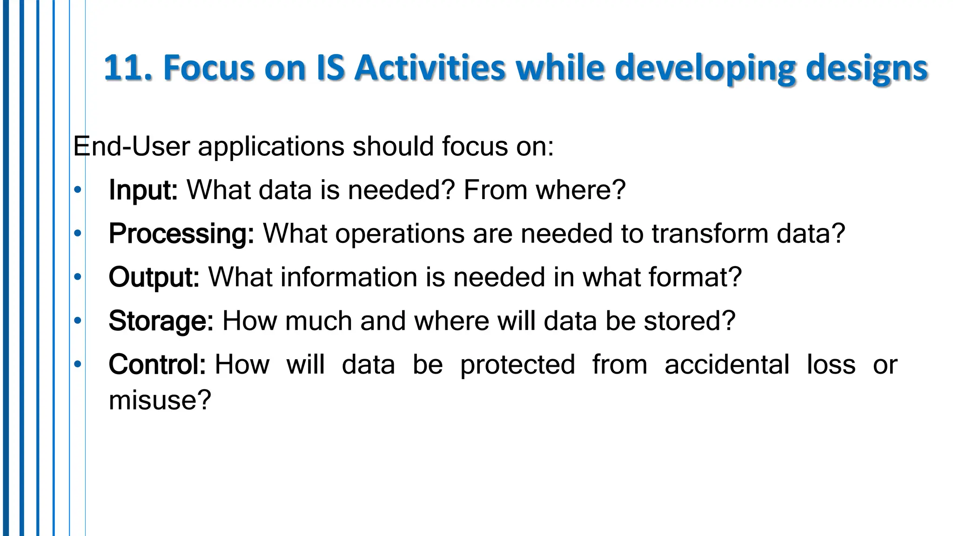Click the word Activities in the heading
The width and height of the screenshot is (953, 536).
click(x=429, y=68)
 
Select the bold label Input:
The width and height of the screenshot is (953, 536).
click(x=143, y=190)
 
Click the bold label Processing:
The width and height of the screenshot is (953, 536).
click(x=181, y=234)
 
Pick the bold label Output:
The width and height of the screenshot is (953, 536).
click(x=154, y=278)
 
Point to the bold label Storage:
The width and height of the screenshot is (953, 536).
click(x=161, y=321)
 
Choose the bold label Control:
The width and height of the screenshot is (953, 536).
click(x=157, y=365)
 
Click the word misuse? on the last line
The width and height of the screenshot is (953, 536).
click(x=160, y=400)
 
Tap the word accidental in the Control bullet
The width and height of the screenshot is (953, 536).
click(x=727, y=364)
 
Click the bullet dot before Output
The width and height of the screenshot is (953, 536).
click(x=78, y=277)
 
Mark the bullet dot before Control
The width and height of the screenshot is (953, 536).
click(x=78, y=364)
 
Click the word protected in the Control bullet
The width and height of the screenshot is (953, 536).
click(x=517, y=365)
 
